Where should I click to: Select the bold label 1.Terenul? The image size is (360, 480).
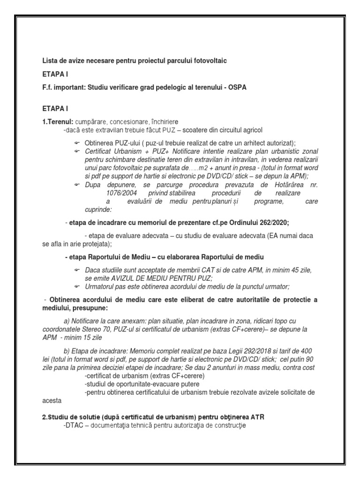pyautogui.click(x=58, y=122)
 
